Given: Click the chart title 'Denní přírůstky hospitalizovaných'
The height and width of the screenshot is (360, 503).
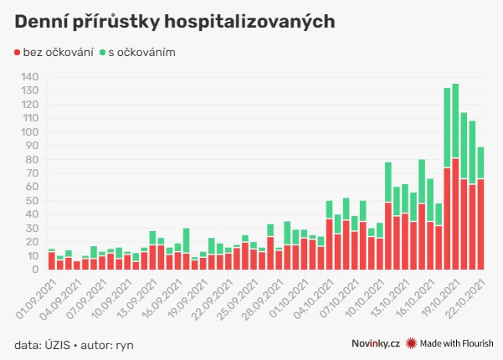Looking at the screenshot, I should click(x=174, y=21).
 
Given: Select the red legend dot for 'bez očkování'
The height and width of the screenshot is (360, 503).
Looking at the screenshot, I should click(x=18, y=52).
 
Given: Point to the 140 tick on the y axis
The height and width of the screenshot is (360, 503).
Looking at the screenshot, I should click(x=30, y=77).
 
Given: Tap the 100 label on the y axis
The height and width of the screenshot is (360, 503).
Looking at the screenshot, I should click(x=30, y=132).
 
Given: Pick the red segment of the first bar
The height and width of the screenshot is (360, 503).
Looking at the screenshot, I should click(x=52, y=260).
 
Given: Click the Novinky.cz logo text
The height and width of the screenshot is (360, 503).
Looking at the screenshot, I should click(x=375, y=343).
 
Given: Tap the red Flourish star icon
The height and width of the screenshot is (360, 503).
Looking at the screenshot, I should click(x=411, y=343).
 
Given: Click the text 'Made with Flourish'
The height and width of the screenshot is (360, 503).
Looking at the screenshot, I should click(x=457, y=343).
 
